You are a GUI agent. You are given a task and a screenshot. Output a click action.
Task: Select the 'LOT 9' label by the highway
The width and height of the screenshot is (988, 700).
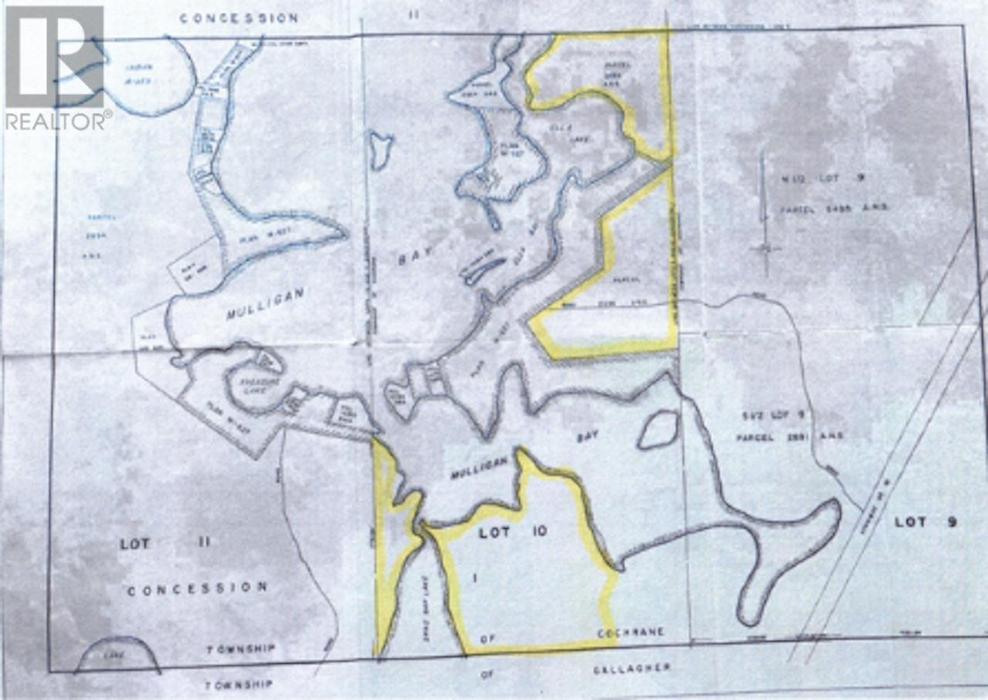(925, 522)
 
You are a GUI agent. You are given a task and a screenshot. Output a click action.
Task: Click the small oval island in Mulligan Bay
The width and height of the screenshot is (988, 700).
(658, 429)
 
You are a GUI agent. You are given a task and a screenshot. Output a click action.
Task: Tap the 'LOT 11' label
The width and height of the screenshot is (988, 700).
(164, 543)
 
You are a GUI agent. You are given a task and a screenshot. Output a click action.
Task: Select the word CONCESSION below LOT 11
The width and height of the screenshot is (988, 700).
(198, 588)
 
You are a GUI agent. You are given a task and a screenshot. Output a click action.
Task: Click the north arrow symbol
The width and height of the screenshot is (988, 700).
(764, 216)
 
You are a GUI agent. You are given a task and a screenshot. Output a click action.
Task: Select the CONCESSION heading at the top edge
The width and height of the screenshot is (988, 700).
(239, 18)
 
